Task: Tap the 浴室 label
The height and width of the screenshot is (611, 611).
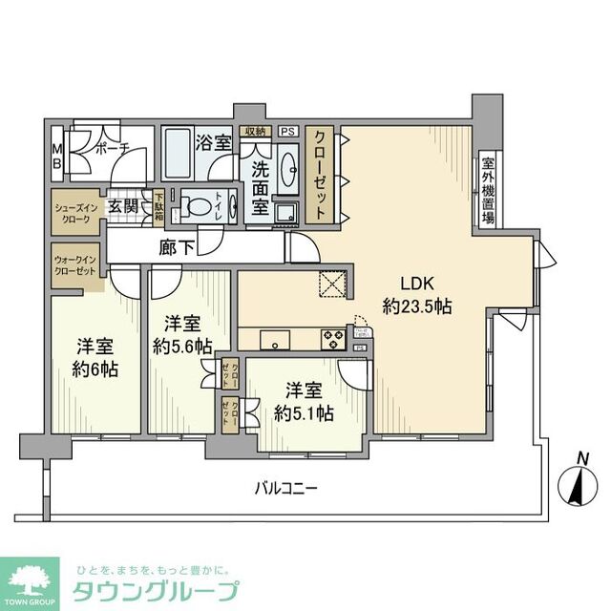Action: coord(213,143)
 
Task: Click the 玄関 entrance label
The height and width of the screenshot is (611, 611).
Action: coord(122,205)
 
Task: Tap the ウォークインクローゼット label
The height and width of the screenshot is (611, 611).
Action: coord(75,264)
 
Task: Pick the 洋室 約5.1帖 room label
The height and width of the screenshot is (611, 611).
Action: coord(303,401)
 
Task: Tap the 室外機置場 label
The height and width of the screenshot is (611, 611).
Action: coord(488,189)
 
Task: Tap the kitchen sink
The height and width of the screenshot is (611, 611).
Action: coord(274,339)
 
